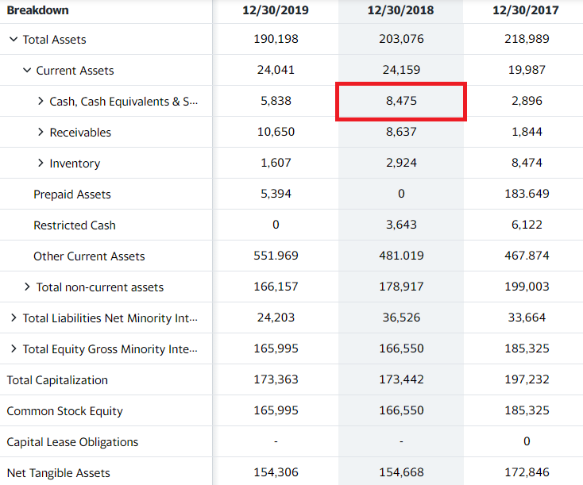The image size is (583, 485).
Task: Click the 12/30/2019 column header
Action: coord(276,10)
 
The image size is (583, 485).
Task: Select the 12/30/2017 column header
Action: coord(526,10)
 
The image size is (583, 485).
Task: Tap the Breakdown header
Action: coord(38,10)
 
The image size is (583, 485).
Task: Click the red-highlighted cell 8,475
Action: coord(401,102)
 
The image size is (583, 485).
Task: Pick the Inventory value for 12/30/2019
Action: coord(276,163)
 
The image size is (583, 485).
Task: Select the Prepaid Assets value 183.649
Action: coord(526,194)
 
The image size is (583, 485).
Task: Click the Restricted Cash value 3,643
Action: coord(401,225)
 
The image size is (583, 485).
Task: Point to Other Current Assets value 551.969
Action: coord(276,256)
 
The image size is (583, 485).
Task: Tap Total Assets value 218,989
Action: coord(526,39)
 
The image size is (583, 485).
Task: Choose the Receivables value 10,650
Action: coord(276,132)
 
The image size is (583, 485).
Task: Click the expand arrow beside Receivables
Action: coord(41,132)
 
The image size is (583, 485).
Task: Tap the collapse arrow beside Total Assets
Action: coord(14,39)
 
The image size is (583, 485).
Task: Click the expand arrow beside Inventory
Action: coord(41,163)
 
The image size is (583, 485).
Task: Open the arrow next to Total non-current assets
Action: coord(28,287)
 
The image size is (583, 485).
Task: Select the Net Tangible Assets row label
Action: coord(59,473)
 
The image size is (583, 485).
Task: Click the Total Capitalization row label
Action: coord(57,380)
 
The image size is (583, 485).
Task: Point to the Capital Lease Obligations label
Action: coord(72,442)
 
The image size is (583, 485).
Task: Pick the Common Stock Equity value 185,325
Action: coord(526,411)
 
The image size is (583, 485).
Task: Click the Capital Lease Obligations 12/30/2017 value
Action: coord(526,442)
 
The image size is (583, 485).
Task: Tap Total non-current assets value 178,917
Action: coord(401,287)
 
